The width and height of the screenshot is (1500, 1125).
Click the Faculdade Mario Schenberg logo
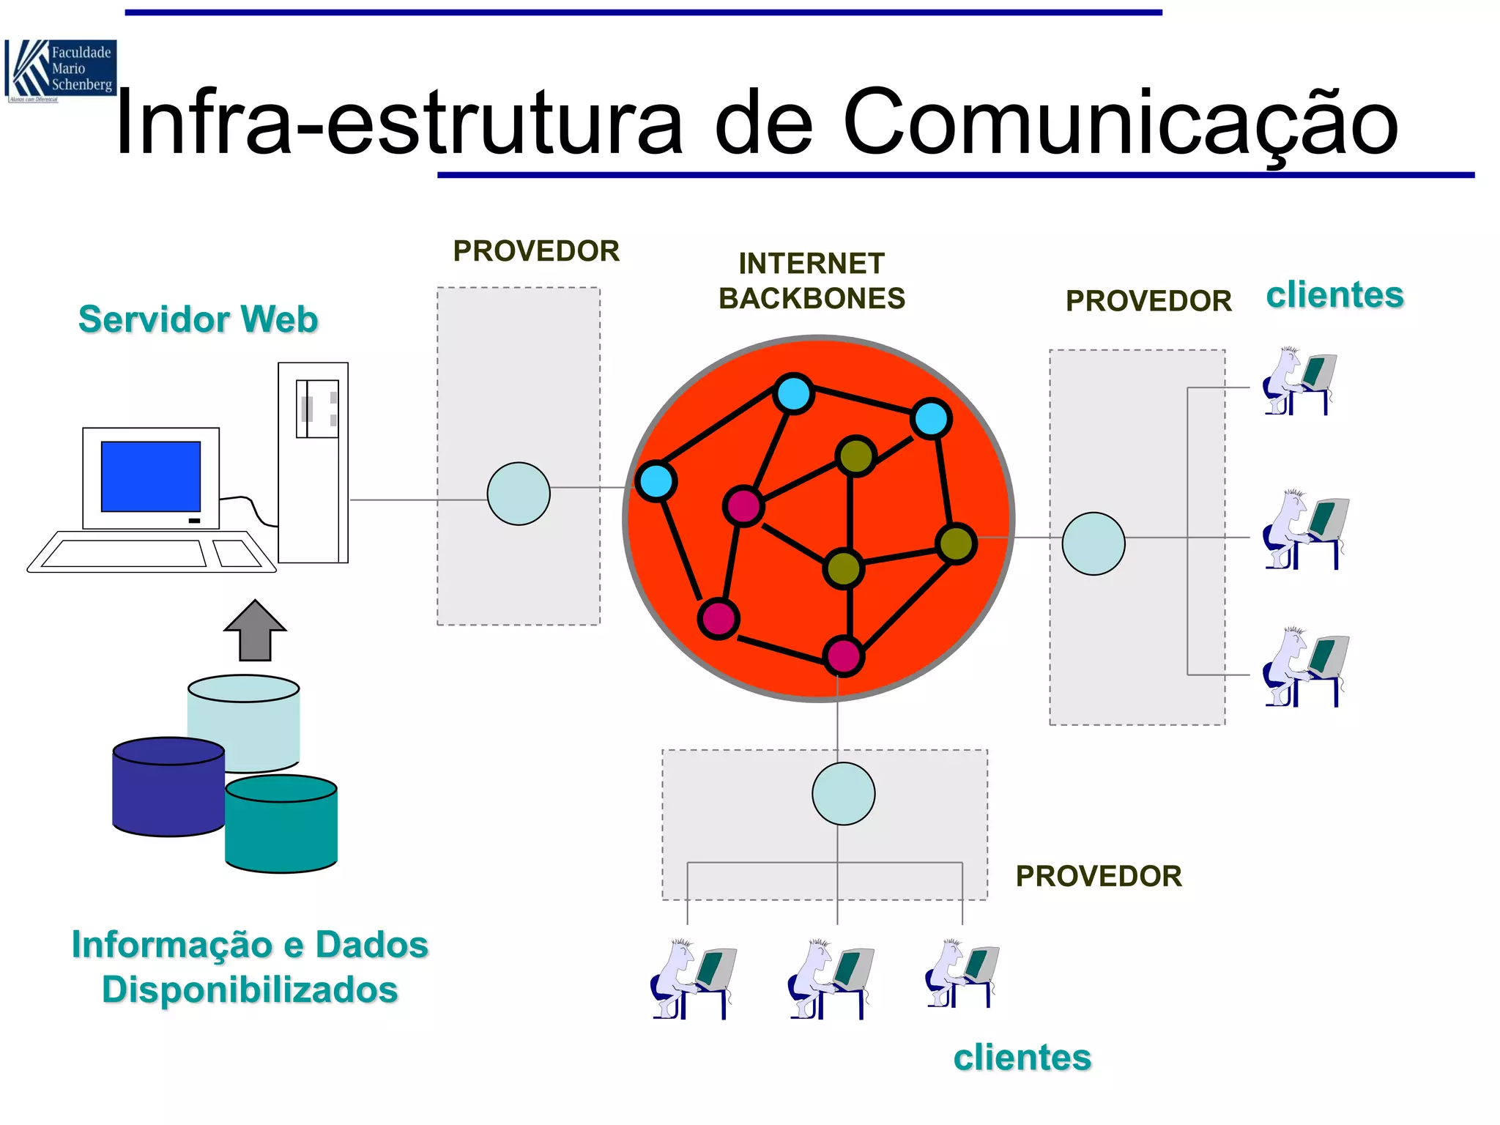coord(60,70)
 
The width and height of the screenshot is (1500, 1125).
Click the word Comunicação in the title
coord(1121,123)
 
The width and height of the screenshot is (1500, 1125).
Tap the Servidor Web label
coord(198,319)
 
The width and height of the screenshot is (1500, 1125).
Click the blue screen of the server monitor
coord(151,476)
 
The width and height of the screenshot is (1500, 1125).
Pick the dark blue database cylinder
coord(168,787)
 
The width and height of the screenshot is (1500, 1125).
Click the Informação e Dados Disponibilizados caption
coord(250,967)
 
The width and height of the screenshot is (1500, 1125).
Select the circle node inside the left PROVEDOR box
coord(519,494)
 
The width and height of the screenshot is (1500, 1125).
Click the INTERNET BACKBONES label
coord(812,281)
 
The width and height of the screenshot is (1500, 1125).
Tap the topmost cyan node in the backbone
coord(793,393)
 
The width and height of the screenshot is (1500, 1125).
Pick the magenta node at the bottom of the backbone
coord(843,656)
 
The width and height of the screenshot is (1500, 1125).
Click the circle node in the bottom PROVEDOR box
coord(843,794)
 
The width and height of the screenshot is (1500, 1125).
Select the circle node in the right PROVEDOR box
coord(1093,543)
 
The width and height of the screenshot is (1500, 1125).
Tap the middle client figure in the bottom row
coord(829,979)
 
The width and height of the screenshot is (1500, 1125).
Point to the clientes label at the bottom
coord(1022,1058)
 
